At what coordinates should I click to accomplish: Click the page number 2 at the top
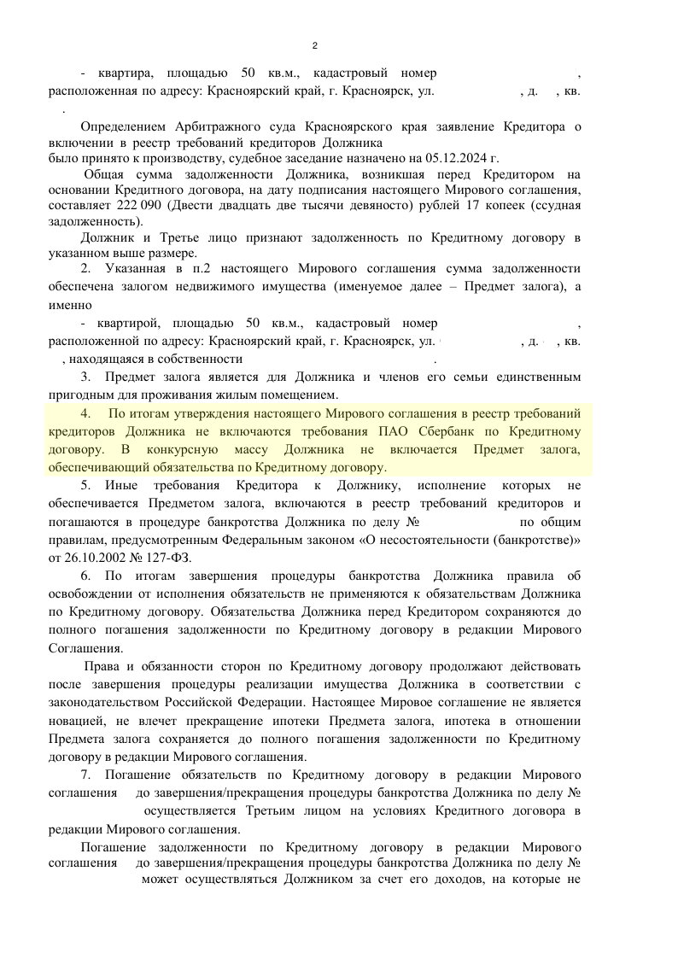[315, 46]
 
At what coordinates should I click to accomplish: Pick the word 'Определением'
[121, 126]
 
